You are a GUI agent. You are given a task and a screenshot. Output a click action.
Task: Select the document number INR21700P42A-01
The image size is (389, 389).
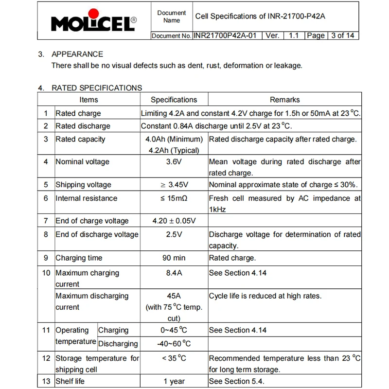[x=228, y=35]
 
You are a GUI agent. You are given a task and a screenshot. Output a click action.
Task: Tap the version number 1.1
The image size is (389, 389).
[x=293, y=35]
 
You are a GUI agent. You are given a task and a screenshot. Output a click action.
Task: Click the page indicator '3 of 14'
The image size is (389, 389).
[x=342, y=35]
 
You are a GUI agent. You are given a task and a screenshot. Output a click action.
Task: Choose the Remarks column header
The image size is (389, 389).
[x=284, y=100]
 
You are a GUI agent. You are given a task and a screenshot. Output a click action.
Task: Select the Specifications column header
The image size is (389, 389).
[x=174, y=100]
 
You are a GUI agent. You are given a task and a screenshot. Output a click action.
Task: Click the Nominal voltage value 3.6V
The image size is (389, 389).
[x=174, y=162]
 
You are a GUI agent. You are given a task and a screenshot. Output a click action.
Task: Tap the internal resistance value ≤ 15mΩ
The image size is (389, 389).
[x=174, y=198]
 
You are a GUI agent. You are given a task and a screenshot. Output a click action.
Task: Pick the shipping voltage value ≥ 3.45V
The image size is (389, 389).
[x=174, y=185]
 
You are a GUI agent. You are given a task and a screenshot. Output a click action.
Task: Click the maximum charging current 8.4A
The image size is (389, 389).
[x=174, y=273]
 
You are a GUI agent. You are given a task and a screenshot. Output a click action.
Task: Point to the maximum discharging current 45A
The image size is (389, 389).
[x=174, y=296]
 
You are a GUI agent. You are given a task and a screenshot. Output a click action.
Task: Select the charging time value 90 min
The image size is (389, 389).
[x=174, y=258]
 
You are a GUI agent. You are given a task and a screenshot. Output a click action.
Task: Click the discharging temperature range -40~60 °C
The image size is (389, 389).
[x=174, y=344]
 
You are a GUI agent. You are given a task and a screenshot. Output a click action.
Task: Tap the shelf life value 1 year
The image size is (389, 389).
[x=174, y=382]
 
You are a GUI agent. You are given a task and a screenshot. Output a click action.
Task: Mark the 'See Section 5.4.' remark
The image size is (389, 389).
[x=237, y=382]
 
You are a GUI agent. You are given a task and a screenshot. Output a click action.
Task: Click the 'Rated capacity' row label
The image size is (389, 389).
[x=80, y=140]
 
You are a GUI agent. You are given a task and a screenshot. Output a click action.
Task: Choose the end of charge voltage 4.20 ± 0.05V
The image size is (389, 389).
[x=174, y=221]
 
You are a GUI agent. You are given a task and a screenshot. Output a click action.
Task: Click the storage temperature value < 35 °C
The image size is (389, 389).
[x=174, y=359]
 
